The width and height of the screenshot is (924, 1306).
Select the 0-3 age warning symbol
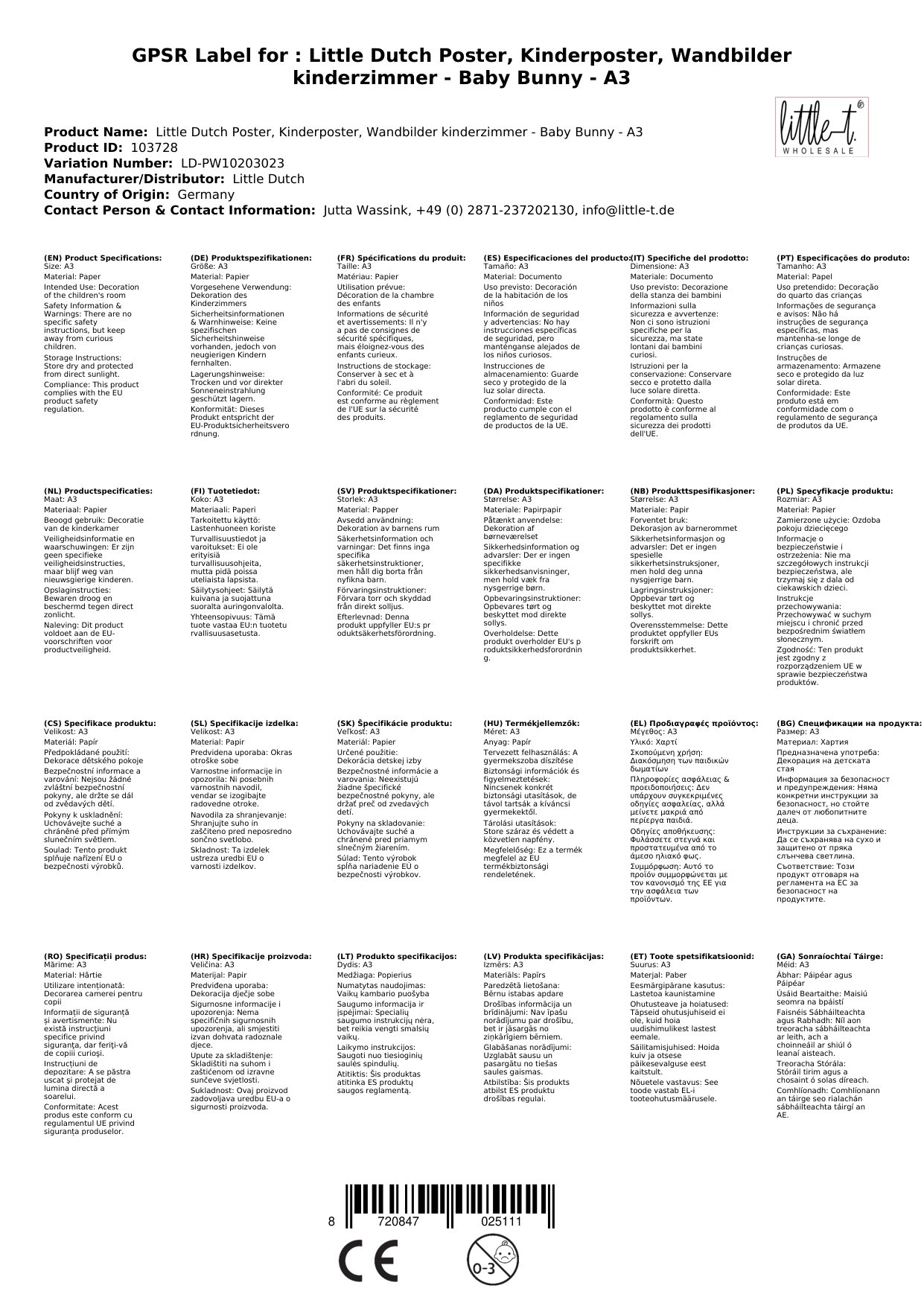pyautogui.click(x=485, y=1262)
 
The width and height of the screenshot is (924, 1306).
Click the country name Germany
pyautogui.click(x=205, y=194)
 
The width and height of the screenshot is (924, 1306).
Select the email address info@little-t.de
pyautogui.click(x=628, y=210)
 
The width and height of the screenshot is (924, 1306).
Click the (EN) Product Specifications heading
pyautogui.click(x=103, y=258)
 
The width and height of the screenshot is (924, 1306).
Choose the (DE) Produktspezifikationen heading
pyautogui.click(x=251, y=258)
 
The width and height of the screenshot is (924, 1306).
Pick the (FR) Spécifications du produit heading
pyautogui.click(x=401, y=258)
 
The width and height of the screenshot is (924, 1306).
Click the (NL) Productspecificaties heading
pyautogui.click(x=98, y=491)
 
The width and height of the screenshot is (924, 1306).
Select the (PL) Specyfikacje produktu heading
pyautogui.click(x=835, y=491)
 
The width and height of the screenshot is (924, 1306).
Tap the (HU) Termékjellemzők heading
pyautogui.click(x=532, y=723)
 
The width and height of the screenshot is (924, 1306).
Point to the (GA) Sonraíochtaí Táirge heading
pyautogui.click(x=829, y=956)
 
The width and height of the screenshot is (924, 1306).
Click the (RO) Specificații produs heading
pyautogui.click(x=95, y=956)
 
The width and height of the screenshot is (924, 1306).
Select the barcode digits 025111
pyautogui.click(x=501, y=1222)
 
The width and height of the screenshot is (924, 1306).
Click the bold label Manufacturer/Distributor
pyautogui.click(x=134, y=179)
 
